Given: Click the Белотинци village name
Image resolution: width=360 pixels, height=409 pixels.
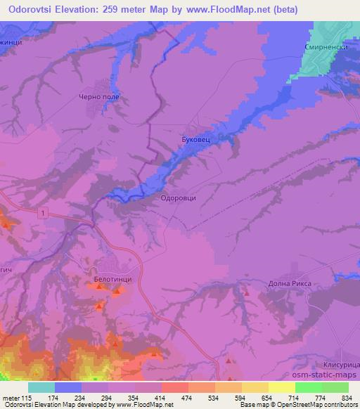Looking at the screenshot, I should (112, 280).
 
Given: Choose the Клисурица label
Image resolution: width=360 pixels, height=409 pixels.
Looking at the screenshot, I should (344, 366).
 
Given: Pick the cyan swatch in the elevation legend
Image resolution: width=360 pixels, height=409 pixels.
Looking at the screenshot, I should (41, 387).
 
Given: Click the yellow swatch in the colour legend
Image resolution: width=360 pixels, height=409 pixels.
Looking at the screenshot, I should (282, 387).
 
